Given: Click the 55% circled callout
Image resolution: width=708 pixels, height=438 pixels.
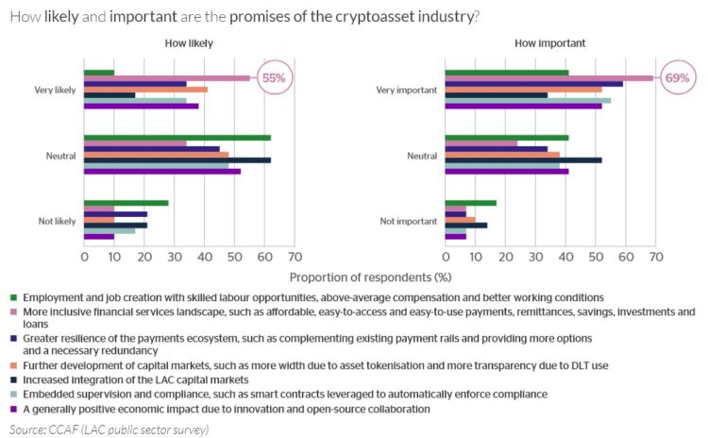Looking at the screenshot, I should [x=273, y=78].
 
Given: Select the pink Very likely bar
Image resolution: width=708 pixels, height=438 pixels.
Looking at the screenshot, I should [x=167, y=77].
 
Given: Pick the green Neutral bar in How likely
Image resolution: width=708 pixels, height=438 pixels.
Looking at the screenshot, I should [x=177, y=138].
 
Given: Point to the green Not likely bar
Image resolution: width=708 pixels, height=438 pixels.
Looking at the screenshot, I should [x=126, y=202].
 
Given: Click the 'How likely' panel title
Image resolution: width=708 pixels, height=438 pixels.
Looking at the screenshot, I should [x=189, y=43].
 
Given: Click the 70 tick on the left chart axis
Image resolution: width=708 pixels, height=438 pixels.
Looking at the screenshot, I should [x=295, y=257].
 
